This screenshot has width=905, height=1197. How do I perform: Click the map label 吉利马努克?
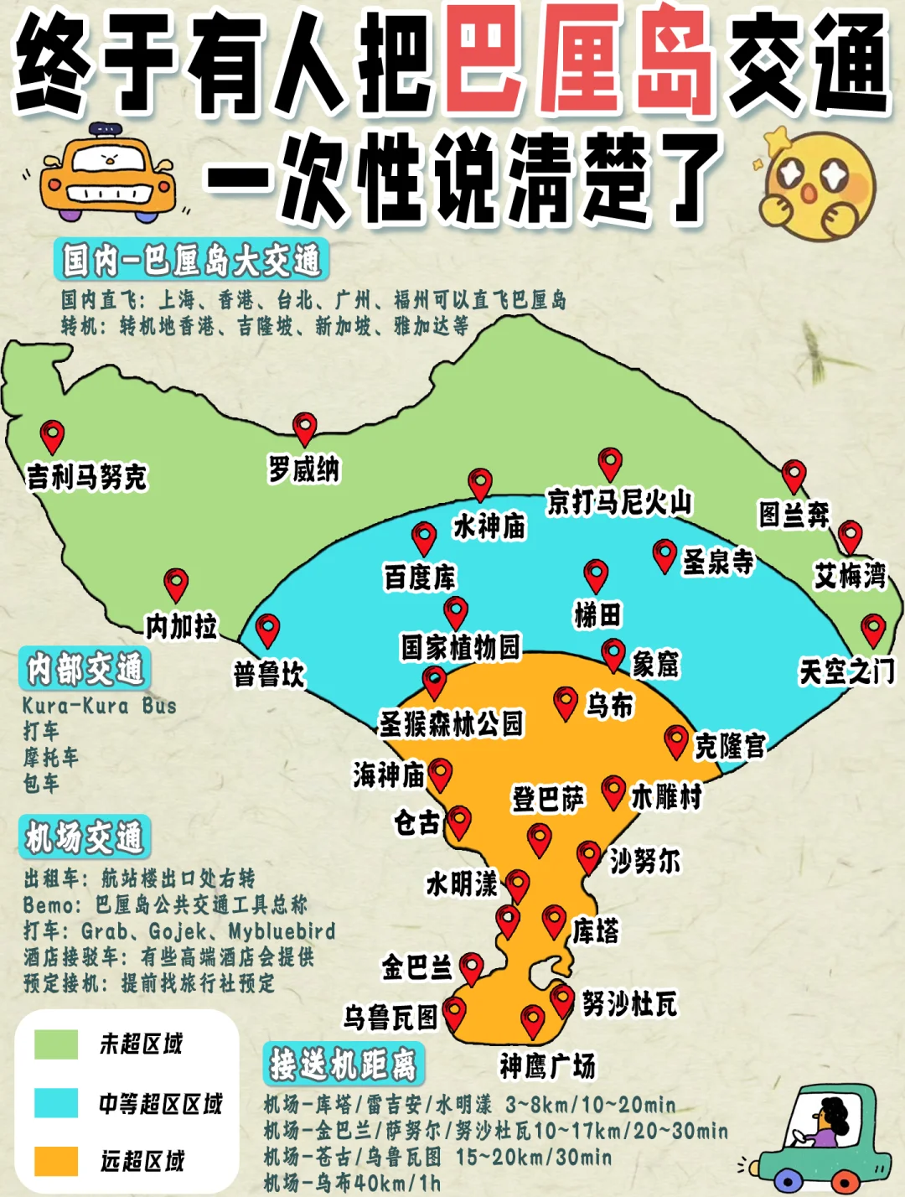[87, 477]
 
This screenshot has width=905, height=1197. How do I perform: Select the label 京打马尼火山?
[619, 502]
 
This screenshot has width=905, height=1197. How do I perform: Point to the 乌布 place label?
[609, 706]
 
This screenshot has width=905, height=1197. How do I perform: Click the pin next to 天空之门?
[873, 630]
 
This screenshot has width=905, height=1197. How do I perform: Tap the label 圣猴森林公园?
[452, 723]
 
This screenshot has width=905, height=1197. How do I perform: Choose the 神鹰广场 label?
[547, 1066]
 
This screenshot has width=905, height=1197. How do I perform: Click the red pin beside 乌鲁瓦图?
[454, 1013]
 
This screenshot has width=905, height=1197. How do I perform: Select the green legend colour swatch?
[56, 1044]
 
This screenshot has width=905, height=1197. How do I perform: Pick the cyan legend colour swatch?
[56, 1103]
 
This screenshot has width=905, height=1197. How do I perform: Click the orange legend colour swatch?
[56, 1161]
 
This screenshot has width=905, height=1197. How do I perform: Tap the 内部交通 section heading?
[85, 669]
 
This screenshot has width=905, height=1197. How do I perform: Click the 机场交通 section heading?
[85, 837]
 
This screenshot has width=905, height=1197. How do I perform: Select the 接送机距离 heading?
[344, 1065]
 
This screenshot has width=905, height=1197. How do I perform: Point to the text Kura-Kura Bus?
[100, 706]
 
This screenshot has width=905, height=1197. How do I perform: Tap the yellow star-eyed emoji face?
[817, 184]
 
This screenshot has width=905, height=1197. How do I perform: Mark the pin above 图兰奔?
[794, 475]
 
